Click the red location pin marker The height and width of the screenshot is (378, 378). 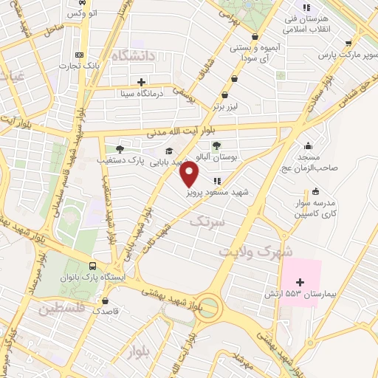[x=190, y=174]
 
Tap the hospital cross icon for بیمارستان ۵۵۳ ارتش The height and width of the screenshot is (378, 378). [x=300, y=281]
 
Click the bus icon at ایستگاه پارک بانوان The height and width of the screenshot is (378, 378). [x=92, y=266]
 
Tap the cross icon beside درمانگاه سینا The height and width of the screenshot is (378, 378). [x=141, y=81]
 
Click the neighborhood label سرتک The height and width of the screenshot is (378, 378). [x=207, y=220]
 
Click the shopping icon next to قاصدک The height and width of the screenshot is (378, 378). [x=107, y=300]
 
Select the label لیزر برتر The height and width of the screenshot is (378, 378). [x=229, y=106]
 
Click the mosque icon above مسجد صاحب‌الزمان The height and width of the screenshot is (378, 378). [x=308, y=145]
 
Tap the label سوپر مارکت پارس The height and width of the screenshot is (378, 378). [x=342, y=55]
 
